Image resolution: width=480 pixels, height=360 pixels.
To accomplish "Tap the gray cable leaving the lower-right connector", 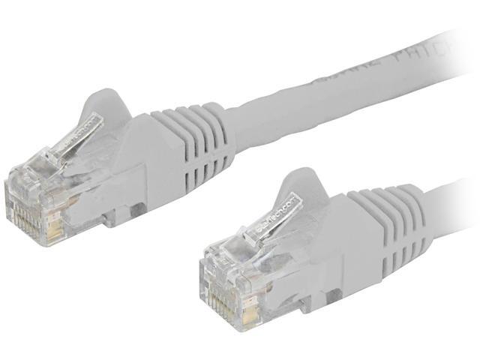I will pos(450,199).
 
